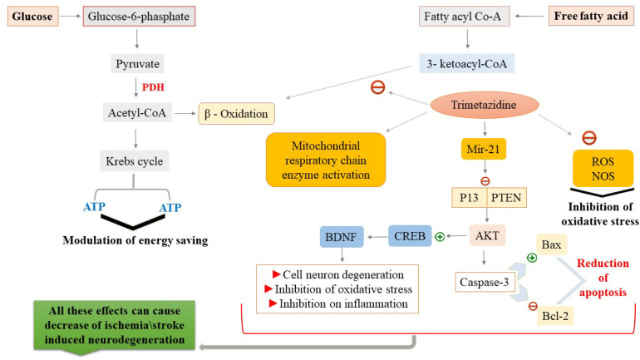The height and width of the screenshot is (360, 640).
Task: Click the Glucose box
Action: click(x=33, y=17)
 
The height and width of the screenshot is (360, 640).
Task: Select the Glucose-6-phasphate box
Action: click(x=139, y=17)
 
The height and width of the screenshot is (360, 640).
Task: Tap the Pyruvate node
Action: click(x=137, y=64)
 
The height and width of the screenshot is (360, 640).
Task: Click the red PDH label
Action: click(x=153, y=87)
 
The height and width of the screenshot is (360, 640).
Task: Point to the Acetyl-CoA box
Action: click(x=137, y=112)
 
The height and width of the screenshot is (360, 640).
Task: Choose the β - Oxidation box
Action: click(x=236, y=113)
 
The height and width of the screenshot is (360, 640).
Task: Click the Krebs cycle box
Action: click(x=135, y=161)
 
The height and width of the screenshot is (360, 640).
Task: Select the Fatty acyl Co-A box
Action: click(x=465, y=17)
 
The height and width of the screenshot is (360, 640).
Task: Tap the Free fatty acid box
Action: click(x=591, y=17)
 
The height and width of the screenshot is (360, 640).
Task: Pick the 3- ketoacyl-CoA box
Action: click(x=467, y=64)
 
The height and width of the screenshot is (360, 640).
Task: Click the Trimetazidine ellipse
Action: click(x=485, y=105)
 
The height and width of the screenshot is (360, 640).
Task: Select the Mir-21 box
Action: click(x=484, y=149)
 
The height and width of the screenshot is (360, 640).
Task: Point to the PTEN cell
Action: click(x=506, y=198)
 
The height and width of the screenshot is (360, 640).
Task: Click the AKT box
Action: click(x=487, y=235)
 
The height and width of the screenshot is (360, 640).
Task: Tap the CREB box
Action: click(x=410, y=236)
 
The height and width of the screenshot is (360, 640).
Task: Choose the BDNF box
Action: click(x=342, y=237)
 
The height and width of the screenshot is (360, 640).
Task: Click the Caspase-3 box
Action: click(x=485, y=282)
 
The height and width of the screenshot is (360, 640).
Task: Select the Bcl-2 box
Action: click(x=555, y=316)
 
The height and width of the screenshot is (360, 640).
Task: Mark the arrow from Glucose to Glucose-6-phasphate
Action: click(x=71, y=17)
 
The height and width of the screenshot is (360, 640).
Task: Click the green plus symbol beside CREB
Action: click(x=440, y=237)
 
